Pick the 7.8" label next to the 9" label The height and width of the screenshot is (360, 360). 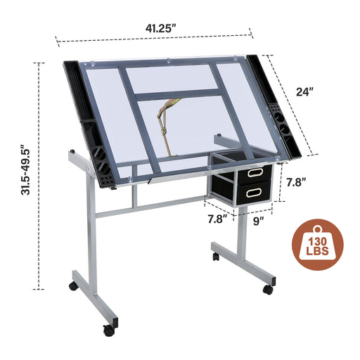(217, 220)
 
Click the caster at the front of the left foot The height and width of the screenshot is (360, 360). (108, 329)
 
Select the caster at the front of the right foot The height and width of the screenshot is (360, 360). (267, 289)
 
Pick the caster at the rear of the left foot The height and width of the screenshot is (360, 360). (72, 286)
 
